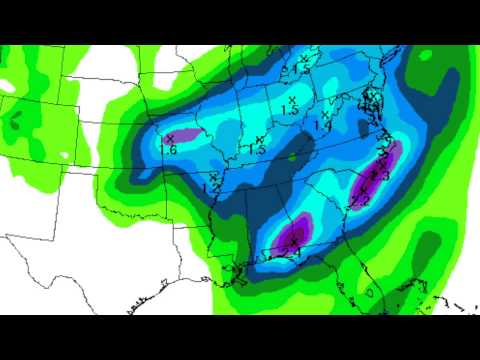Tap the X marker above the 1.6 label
(170, 137)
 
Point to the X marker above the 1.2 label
(214, 176)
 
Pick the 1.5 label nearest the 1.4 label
(291, 112)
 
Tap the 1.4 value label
(322, 127)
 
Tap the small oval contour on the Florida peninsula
(370, 293)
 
